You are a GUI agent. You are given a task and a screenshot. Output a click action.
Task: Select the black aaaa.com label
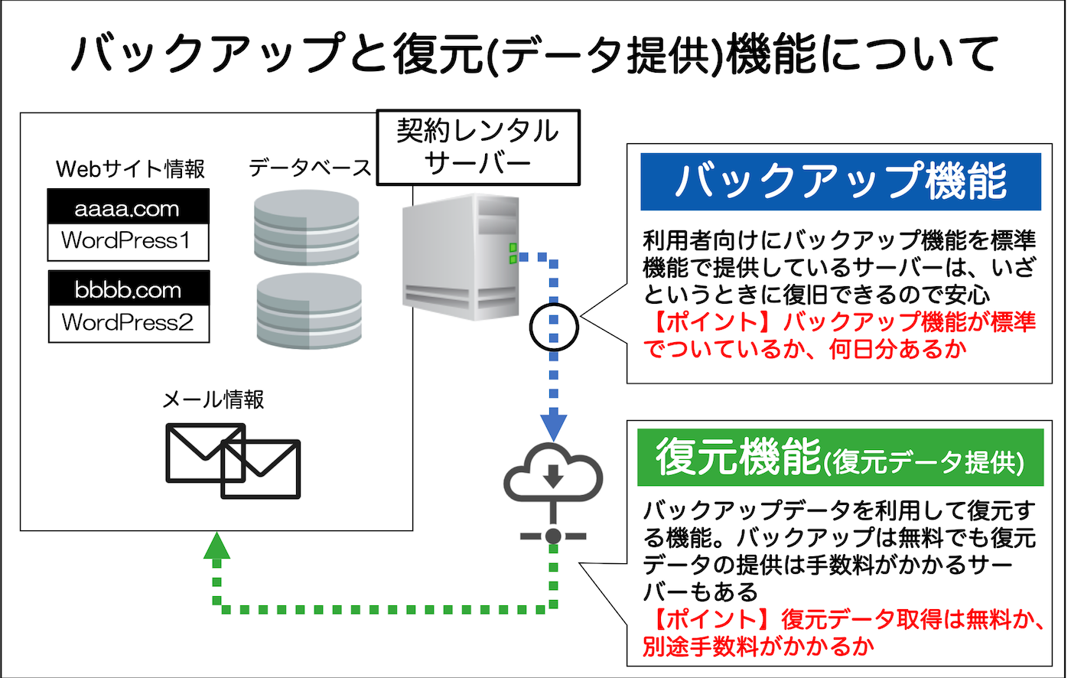[x=128, y=207]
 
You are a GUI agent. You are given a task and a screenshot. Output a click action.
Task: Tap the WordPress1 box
[x=128, y=241]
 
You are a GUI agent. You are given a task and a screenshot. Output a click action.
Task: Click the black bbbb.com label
[x=128, y=290]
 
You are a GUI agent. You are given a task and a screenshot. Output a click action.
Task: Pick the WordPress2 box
[x=128, y=323]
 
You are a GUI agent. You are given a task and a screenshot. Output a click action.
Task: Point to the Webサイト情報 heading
[x=131, y=168]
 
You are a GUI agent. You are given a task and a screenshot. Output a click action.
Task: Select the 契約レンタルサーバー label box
[x=477, y=147]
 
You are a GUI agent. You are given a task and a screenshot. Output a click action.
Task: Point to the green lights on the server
[x=511, y=253]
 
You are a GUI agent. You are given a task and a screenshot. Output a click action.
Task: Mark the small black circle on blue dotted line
[x=554, y=327]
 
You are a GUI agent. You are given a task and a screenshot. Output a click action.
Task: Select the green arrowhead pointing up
[x=218, y=546]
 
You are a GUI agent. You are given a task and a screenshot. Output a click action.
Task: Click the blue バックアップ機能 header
[x=840, y=181]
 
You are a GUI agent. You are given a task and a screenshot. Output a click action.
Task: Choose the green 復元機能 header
[x=840, y=457]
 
